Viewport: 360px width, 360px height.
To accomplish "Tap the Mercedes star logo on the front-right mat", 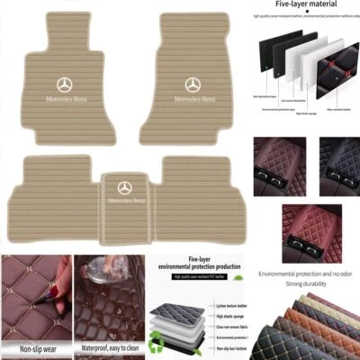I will tap(193, 85).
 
